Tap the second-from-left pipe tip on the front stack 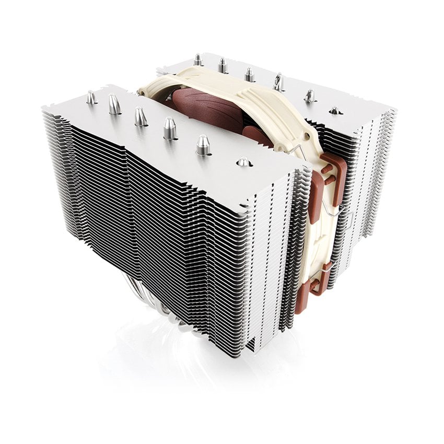[114, 104]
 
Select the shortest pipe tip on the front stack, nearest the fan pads [244, 162]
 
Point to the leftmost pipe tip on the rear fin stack [197, 60]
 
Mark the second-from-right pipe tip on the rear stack [309, 96]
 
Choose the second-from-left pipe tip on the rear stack [223, 66]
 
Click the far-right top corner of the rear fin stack [395, 112]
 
